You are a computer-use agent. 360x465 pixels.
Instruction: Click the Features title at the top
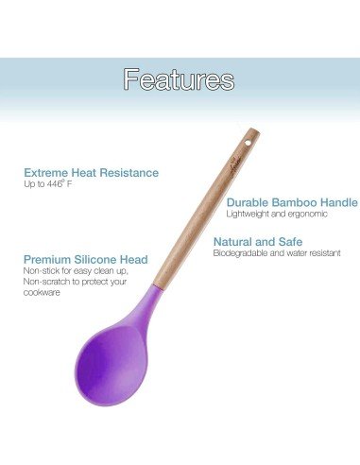pyautogui.click(x=179, y=78)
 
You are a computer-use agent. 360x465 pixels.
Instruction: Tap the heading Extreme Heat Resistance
pyautogui.click(x=91, y=173)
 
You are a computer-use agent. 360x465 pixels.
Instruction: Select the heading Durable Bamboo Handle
pyautogui.click(x=292, y=202)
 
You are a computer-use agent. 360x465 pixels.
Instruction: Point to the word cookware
pyautogui.click(x=42, y=293)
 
